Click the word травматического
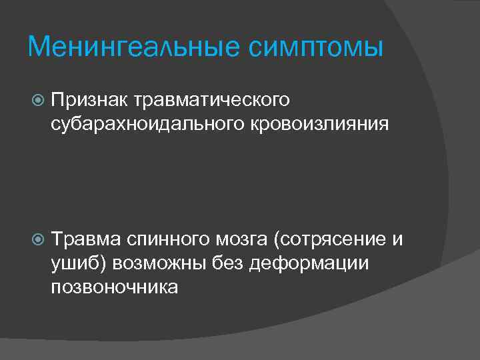(212, 100)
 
